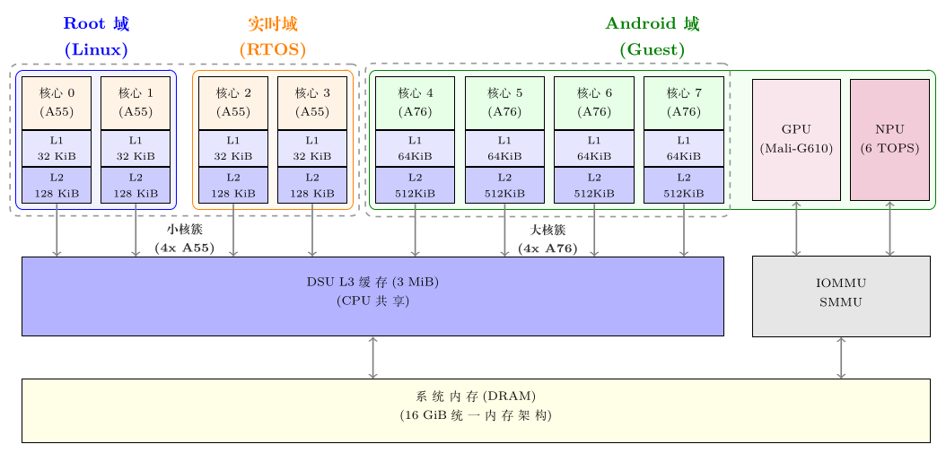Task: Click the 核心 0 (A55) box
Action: pos(57,102)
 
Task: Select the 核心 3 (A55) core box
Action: pos(312,102)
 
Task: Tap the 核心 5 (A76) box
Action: pos(505,102)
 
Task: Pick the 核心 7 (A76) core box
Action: pos(684,102)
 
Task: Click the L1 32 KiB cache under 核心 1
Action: pos(136,148)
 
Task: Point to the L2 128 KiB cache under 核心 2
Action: pos(233,185)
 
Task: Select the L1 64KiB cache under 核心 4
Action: pos(415,148)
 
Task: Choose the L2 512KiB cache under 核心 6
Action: pos(594,185)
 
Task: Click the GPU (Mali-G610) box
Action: pos(796,139)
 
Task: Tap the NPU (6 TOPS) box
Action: pos(889,139)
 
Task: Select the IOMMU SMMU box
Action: pos(841,296)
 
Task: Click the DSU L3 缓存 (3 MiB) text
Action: pos(372,282)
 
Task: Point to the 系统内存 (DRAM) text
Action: pos(476,396)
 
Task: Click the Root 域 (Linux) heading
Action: pos(97,37)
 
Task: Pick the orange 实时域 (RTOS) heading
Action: pos(273,37)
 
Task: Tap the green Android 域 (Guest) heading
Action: pos(653,37)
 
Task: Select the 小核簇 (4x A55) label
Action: pos(184,240)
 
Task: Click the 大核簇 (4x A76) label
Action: pos(547,240)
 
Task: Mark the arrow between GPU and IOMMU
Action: pos(796,228)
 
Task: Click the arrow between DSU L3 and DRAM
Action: pos(372,357)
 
